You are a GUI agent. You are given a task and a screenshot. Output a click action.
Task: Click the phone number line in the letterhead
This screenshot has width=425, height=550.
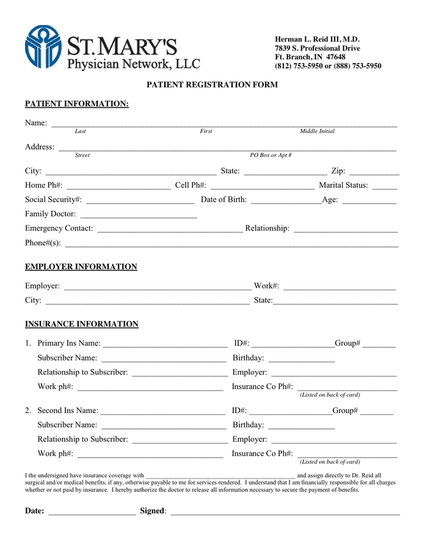328,66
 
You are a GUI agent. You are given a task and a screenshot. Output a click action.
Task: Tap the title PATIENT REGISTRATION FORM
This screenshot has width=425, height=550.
212,85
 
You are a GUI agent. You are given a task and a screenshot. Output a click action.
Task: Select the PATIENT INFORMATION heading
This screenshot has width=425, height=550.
76,104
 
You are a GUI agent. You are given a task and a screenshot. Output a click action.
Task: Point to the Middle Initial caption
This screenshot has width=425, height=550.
317,131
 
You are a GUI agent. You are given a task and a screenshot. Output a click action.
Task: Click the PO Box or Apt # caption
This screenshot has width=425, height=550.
271,155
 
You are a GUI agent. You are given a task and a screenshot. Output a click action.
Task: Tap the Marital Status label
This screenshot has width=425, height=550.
343,185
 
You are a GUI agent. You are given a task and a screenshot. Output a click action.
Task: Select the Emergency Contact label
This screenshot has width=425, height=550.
59,228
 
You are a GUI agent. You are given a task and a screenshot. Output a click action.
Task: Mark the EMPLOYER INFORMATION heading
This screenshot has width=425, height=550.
81,267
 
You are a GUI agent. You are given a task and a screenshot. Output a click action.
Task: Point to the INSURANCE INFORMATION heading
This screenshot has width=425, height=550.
81,324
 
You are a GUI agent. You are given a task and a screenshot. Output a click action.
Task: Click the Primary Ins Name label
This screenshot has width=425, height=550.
69,343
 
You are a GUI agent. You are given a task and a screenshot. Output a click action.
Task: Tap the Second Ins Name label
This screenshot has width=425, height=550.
68,411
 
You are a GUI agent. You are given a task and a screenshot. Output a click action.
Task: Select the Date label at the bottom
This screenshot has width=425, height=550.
34,511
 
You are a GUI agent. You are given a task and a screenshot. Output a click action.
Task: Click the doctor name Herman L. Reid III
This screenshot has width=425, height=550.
317,39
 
